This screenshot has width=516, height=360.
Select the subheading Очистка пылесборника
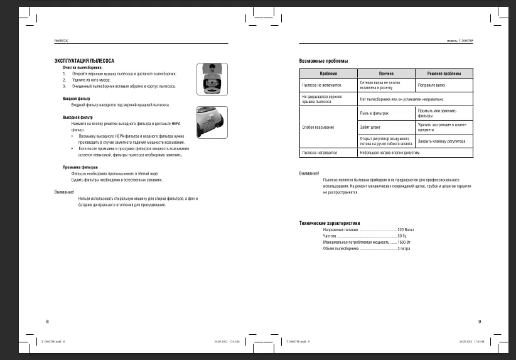[82, 67]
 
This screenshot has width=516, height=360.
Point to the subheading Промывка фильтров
[80, 167]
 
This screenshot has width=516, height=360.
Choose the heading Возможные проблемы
[323, 61]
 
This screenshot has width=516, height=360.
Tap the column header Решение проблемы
[444, 74]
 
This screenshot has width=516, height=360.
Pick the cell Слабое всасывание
[317, 128]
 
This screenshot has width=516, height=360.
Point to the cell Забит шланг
[369, 128]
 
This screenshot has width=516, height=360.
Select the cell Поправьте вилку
[431, 84]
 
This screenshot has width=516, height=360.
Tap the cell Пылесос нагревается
[320, 153]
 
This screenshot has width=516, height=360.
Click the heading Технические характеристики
[330, 223]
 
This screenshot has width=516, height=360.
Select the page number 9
[479, 322]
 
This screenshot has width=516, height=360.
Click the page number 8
[47, 322]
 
